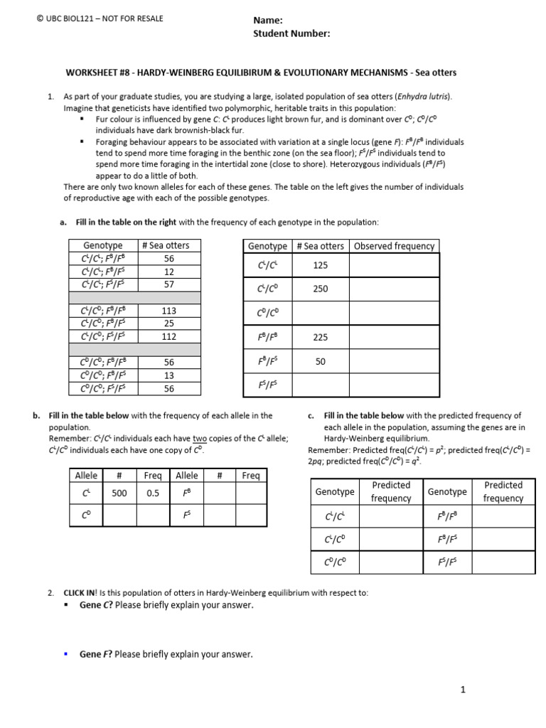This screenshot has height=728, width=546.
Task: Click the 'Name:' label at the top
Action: tap(268, 21)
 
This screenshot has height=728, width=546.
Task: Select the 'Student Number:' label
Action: tap(291, 33)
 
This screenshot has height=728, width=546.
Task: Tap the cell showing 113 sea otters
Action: tap(168, 311)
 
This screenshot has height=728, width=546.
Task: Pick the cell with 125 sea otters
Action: tap(320, 265)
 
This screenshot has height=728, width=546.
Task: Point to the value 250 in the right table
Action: tap(320, 289)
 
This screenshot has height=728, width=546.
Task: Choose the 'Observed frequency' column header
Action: tap(394, 246)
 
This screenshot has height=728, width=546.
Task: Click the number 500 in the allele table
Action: tap(119, 493)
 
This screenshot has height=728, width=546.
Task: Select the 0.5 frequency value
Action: tap(153, 493)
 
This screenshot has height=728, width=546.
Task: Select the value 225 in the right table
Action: tap(320, 338)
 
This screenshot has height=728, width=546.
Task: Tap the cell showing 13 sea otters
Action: tap(168, 375)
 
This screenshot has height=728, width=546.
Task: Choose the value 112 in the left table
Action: tap(168, 336)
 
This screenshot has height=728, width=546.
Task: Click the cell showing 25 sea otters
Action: tap(168, 323)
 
